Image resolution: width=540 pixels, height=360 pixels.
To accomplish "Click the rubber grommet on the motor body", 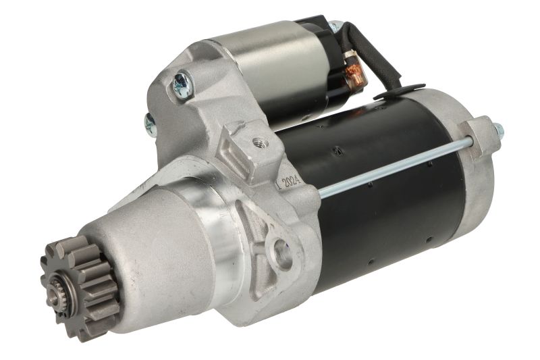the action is pos(400,91).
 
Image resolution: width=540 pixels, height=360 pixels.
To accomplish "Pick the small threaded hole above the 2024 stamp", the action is pos(259,141).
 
